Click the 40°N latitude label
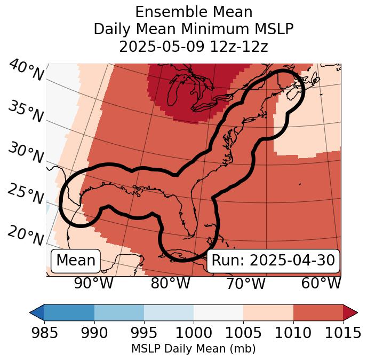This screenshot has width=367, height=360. (26, 71)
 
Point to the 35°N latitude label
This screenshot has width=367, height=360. (25, 111)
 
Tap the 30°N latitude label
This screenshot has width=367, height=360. (25, 153)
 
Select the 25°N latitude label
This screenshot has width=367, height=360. (25, 194)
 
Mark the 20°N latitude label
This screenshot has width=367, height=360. (25, 234)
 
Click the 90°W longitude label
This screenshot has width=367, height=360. (93, 284)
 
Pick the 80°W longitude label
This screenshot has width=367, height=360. (170, 284)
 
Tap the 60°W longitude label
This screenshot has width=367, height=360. (321, 284)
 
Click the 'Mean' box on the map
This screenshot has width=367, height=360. (76, 261)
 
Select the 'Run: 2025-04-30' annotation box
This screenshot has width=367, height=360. (273, 261)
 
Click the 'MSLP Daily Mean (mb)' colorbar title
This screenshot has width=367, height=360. (193, 349)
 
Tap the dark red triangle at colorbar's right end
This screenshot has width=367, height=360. (350, 312)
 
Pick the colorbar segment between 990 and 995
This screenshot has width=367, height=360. (119, 312)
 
